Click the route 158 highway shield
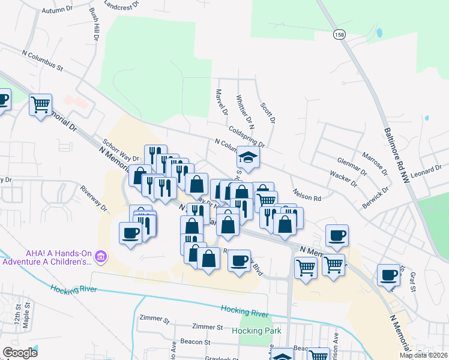[x=339, y=35]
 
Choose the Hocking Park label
[x=252, y=331]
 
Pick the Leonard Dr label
[x=426, y=172]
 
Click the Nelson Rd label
[x=307, y=195]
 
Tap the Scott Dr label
[x=267, y=113]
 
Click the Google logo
[x=20, y=352]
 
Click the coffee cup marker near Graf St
[x=389, y=275]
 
